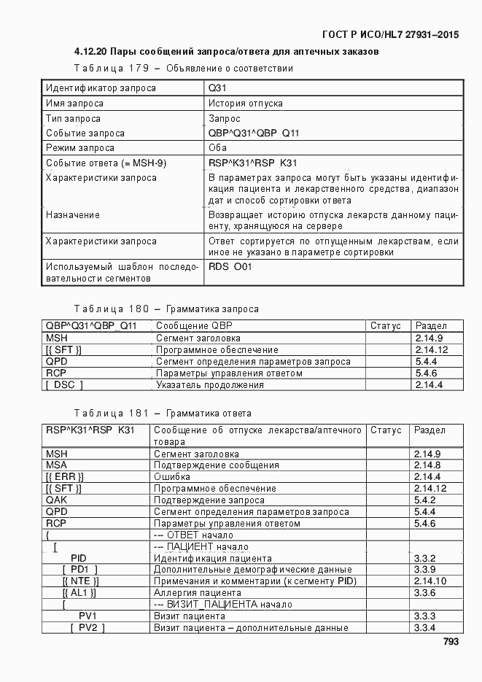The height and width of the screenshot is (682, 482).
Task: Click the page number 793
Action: [x=450, y=642]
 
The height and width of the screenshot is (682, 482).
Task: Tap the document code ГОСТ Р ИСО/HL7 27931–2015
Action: [x=391, y=34]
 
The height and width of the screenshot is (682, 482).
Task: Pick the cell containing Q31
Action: [x=218, y=88]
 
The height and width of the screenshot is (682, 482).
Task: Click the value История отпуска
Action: [x=246, y=104]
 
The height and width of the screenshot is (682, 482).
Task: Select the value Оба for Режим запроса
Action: [x=218, y=148]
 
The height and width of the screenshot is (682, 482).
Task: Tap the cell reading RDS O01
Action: [x=230, y=267]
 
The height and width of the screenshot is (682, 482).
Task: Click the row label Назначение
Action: [x=73, y=215]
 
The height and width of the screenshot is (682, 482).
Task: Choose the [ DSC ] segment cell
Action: [x=65, y=384]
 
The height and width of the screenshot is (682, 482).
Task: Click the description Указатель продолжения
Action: [x=210, y=384]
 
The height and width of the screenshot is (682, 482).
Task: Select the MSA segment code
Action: [x=57, y=465]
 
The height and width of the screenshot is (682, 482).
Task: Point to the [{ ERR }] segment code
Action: [x=65, y=476]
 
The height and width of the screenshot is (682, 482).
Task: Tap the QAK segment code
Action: [x=58, y=500]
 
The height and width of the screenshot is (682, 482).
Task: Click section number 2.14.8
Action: [x=427, y=465]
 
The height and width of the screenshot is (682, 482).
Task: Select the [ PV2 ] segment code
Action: [x=88, y=628]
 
